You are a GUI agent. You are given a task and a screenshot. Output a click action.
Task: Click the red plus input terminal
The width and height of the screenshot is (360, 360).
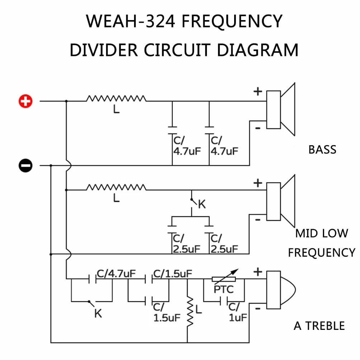click(25, 101)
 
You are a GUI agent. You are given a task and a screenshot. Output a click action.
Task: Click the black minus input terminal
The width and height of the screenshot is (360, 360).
click(25, 165)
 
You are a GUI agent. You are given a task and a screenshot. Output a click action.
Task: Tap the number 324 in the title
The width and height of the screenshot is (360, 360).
click(161, 22)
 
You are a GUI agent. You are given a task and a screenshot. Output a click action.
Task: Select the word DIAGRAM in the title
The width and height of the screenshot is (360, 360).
click(257, 50)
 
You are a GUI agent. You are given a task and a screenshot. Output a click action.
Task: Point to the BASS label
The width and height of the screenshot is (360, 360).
click(322, 150)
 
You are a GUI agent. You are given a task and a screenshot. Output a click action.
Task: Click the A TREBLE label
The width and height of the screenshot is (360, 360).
click(319, 326)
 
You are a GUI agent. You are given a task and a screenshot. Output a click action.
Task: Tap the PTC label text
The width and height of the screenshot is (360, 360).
click(223, 289)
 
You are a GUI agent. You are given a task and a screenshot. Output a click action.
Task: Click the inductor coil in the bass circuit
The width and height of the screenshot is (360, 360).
click(116, 99)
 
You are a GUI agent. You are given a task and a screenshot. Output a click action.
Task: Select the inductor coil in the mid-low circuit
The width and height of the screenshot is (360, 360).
click(116, 187)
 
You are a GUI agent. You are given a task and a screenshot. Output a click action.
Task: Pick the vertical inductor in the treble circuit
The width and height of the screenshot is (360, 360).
click(190, 311)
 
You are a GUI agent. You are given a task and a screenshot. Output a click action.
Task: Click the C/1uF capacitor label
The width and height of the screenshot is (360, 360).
click(238, 312)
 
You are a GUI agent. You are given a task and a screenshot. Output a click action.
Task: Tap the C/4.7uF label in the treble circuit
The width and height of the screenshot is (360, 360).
click(116, 274)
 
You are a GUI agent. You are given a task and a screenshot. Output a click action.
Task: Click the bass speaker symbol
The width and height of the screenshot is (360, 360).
click(280, 109)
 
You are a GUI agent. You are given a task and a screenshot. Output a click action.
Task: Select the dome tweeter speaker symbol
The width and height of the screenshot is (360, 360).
click(281, 290)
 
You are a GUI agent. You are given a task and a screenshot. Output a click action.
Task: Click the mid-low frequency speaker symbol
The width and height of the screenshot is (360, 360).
click(280, 202)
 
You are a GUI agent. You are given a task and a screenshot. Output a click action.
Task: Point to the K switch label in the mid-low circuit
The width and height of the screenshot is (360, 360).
click(202, 204)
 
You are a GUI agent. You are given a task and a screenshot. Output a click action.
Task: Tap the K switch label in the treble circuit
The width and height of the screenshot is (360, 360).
click(98, 313)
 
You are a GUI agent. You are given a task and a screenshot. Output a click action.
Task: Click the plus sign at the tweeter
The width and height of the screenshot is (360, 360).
click(258, 272)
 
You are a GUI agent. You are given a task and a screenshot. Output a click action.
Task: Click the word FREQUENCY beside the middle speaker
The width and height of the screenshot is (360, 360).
click(322, 252)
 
